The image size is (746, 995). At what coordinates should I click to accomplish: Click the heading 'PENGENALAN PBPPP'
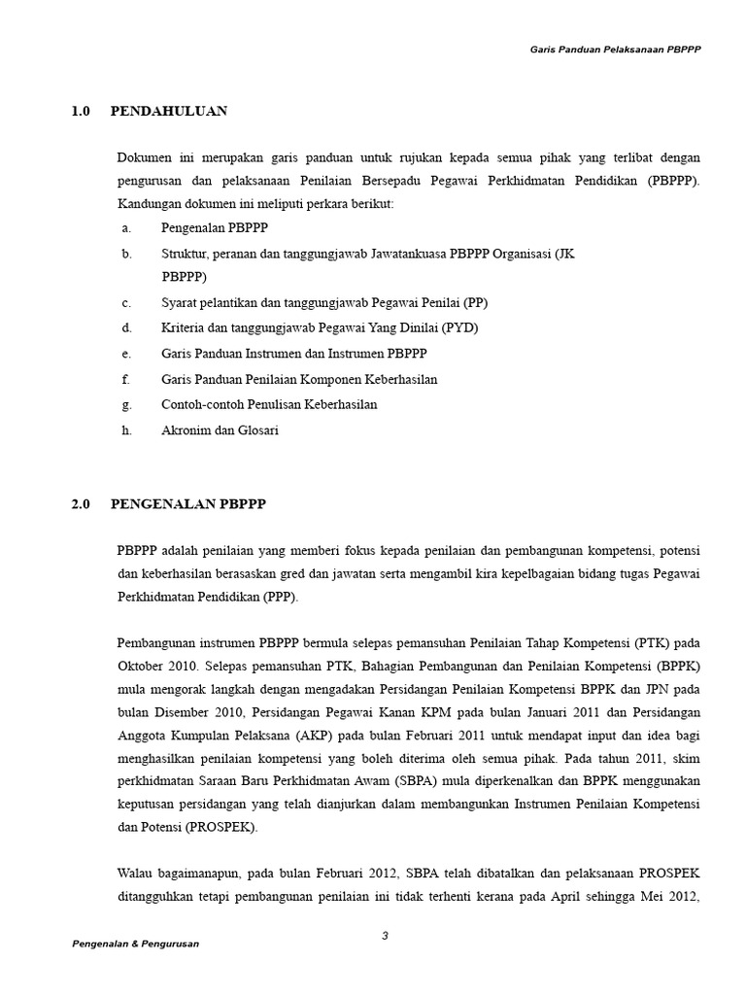188,504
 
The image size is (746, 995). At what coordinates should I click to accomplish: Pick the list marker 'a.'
126,227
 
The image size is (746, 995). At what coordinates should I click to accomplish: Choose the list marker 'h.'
126,429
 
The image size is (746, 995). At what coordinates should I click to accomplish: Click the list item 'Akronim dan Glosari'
220,429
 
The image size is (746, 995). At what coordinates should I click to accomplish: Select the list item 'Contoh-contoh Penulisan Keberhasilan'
269,404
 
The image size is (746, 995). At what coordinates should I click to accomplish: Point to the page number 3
385,936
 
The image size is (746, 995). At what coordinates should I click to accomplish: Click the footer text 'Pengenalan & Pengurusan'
136,944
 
